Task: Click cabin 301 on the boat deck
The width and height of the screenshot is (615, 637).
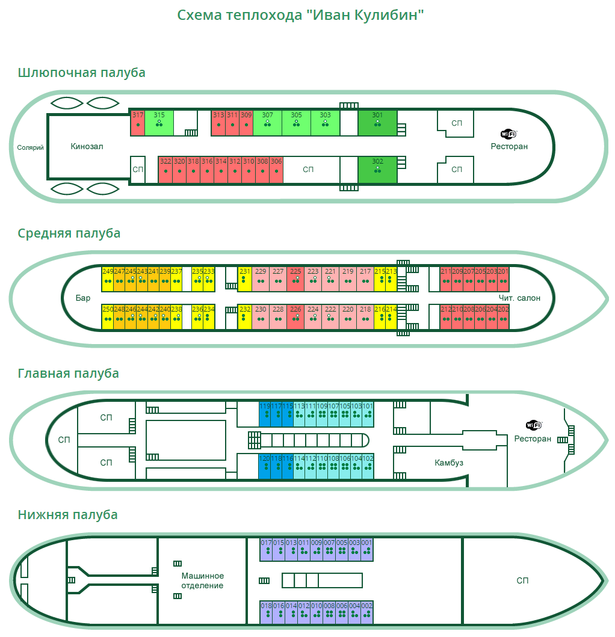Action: click(x=377, y=123)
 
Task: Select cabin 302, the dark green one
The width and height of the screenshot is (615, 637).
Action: click(x=377, y=169)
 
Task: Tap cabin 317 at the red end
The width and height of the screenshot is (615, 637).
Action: click(x=138, y=123)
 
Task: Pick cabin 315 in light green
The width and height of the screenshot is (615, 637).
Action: click(x=159, y=123)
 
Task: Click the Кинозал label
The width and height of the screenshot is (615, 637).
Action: click(x=87, y=146)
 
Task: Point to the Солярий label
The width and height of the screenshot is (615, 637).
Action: click(x=31, y=147)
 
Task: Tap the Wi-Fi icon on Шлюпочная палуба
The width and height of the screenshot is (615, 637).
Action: click(x=508, y=134)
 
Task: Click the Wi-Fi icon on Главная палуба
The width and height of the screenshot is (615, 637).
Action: click(x=533, y=425)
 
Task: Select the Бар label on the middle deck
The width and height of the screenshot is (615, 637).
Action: click(x=83, y=298)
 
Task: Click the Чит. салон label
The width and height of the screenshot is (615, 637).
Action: click(x=519, y=298)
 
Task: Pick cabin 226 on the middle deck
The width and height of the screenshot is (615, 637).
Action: click(x=295, y=317)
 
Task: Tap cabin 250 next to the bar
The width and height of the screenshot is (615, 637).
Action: click(x=108, y=317)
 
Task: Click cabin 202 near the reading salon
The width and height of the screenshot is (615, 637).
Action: click(x=504, y=317)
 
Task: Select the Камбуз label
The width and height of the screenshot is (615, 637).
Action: click(x=449, y=463)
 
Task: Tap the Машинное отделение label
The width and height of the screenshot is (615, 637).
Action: click(x=203, y=580)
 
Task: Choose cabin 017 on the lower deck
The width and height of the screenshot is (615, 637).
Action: click(x=266, y=549)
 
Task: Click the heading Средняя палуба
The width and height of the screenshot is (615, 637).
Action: click(x=69, y=233)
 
